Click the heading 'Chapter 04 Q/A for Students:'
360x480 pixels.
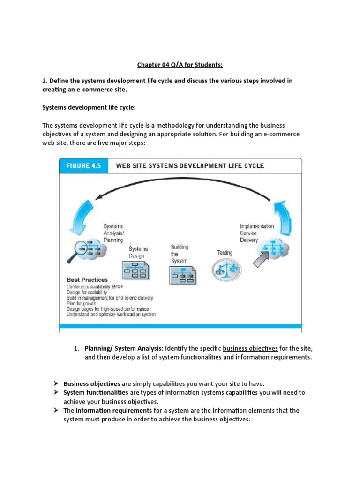pos(180,64)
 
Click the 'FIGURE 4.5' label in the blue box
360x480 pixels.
pos(83,166)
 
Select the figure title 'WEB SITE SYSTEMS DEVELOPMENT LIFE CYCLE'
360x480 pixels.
pos(190,166)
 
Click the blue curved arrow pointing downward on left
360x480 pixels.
pos(80,216)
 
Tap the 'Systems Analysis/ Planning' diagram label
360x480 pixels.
pos(113,233)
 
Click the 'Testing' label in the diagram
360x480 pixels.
pos(225,252)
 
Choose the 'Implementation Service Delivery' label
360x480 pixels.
pos(257,233)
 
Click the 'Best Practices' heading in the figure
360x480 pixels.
pos(87,280)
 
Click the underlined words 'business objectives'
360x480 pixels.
pos(250,348)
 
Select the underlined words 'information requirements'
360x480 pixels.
pos(273,357)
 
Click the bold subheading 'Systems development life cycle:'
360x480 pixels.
pos(89,107)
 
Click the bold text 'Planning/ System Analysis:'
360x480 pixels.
pos(124,348)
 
